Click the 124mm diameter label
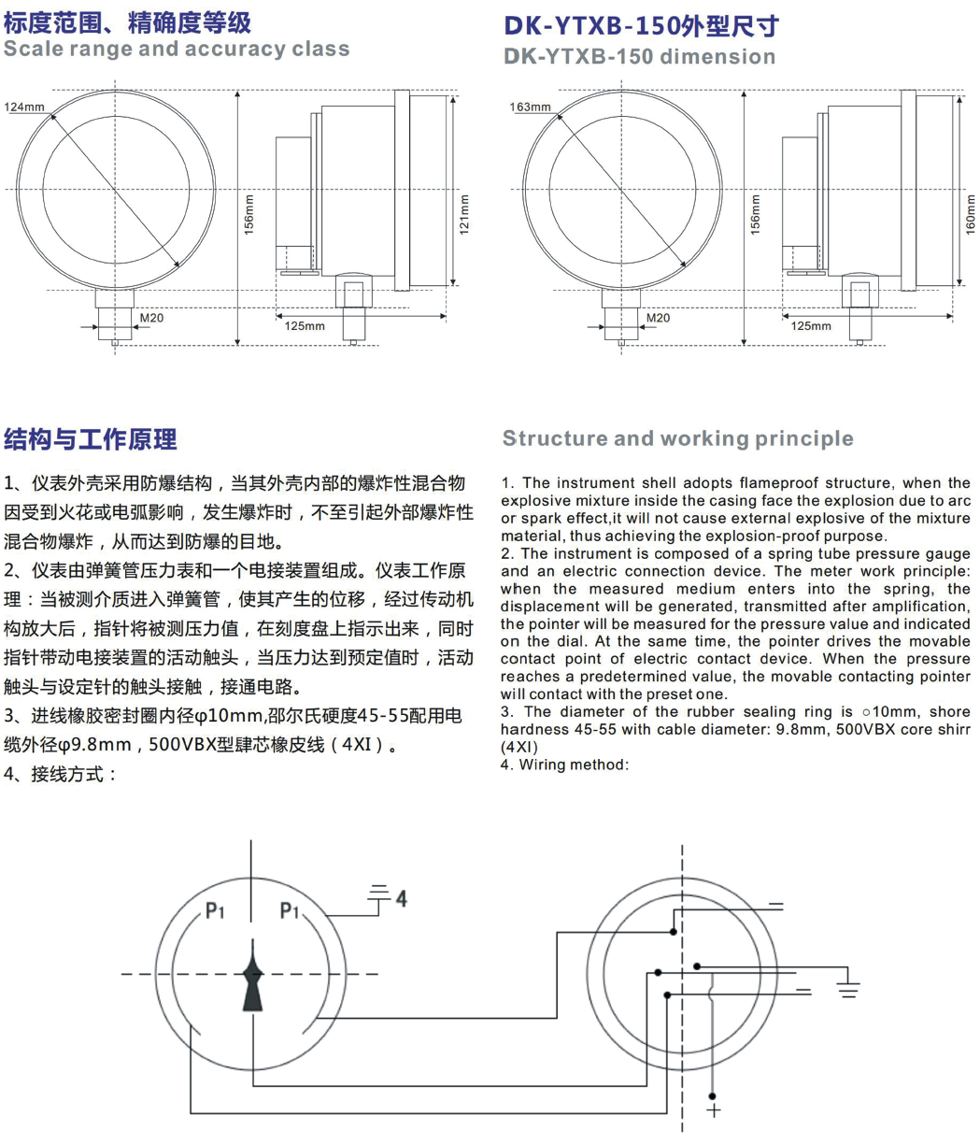click(24, 107)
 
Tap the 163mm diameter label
click(530, 107)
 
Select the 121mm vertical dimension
click(464, 215)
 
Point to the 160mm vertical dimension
click(970, 215)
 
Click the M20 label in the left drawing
click(151, 319)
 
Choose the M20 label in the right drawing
click(658, 319)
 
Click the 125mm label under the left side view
click(305, 326)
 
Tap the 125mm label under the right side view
click(811, 326)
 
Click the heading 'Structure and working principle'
click(677, 438)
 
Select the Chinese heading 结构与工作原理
click(91, 439)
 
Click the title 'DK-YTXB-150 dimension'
click(639, 56)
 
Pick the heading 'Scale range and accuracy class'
click(177, 49)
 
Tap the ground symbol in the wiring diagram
click(848, 988)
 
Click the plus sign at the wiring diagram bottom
click(714, 1109)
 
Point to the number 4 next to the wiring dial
click(401, 898)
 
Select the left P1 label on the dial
click(215, 909)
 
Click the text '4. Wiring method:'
click(564, 765)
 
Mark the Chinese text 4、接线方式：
click(61, 775)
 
